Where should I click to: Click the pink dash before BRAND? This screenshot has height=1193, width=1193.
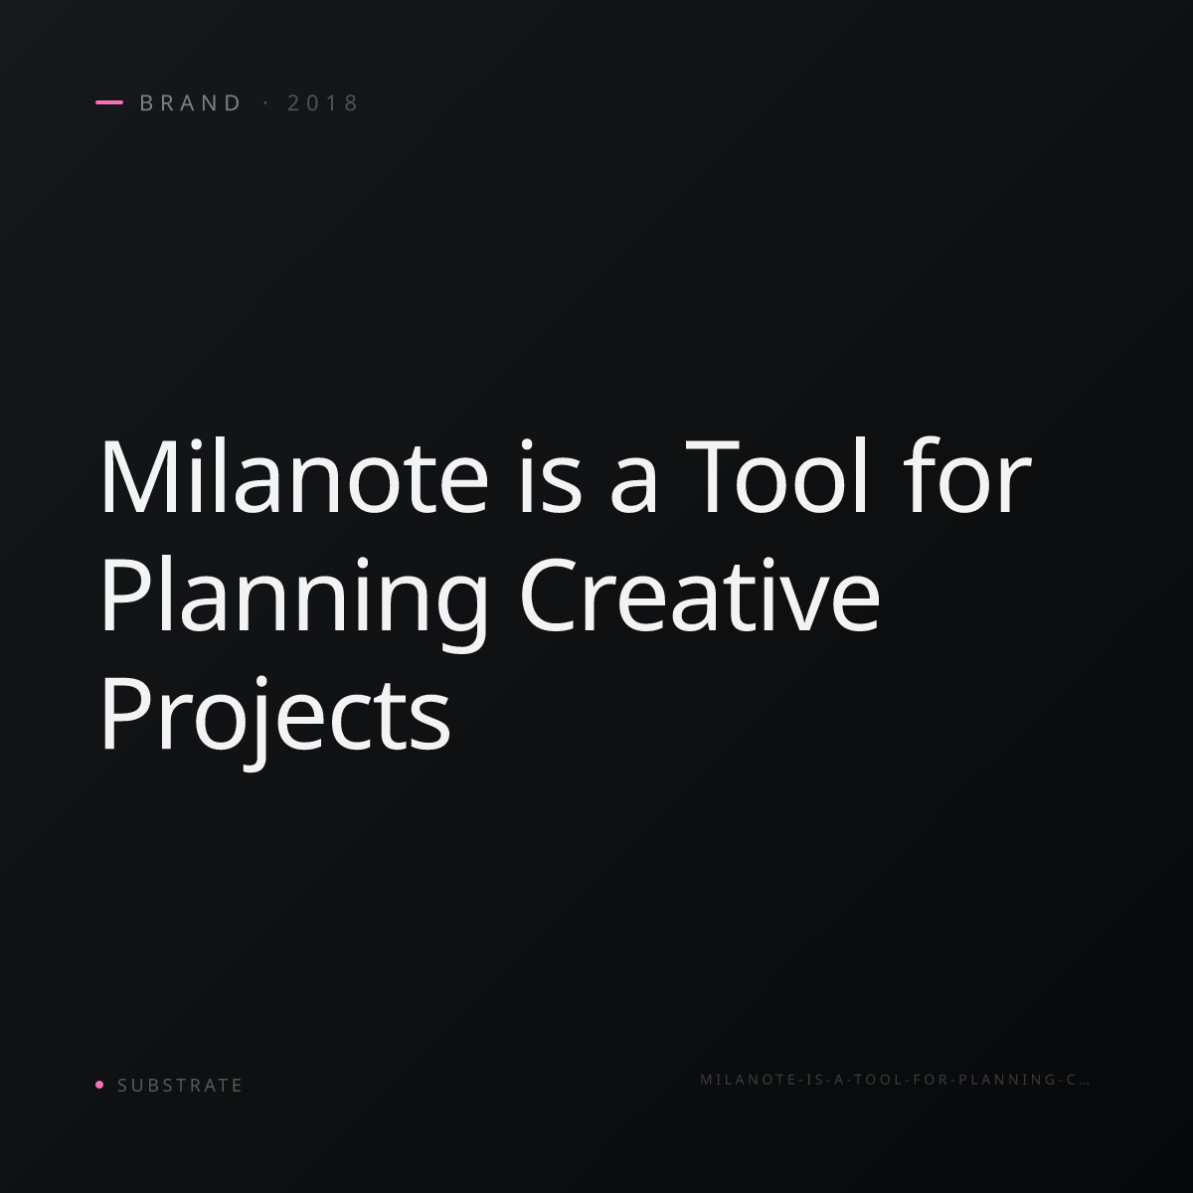pos(109,102)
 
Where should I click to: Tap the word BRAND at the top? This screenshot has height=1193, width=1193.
pos(190,102)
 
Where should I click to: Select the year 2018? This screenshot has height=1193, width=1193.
pos(323,102)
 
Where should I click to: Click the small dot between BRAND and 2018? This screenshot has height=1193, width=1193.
pos(266,102)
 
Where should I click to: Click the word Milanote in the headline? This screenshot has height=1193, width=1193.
pos(294,476)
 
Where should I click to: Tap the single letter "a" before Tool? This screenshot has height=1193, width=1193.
pos(633,485)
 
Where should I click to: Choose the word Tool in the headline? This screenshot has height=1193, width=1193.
pos(777,476)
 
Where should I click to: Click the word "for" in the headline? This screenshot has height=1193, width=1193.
pos(966,476)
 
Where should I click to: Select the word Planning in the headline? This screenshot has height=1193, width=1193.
pos(294,603)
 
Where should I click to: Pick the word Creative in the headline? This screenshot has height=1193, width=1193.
pos(700,595)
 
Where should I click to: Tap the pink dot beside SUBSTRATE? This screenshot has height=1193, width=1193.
pos(99,1084)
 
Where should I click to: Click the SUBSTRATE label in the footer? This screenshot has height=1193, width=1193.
pos(180,1085)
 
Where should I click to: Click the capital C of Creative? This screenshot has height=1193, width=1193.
pos(551,595)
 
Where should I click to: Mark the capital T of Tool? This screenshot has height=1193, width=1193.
pos(712,476)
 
